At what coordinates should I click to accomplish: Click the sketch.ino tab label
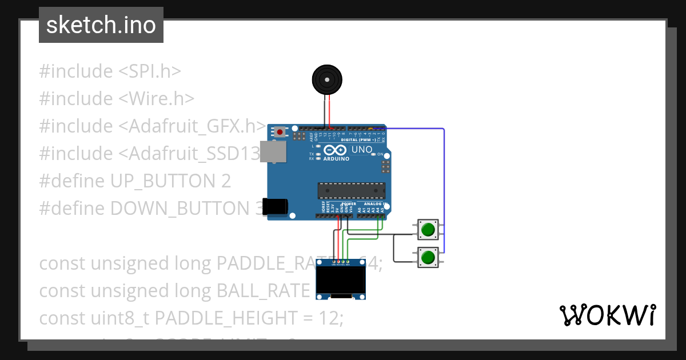tap(101, 25)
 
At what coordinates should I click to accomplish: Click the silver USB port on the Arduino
tap(273, 151)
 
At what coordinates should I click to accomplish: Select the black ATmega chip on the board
tap(351, 190)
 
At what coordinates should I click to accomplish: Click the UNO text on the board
tap(361, 150)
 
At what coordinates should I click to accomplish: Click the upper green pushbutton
tap(428, 230)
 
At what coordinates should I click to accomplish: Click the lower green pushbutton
tap(428, 258)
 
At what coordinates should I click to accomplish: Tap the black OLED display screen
tap(341, 279)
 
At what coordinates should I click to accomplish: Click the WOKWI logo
tap(607, 315)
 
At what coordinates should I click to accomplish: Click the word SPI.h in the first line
tap(155, 71)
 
